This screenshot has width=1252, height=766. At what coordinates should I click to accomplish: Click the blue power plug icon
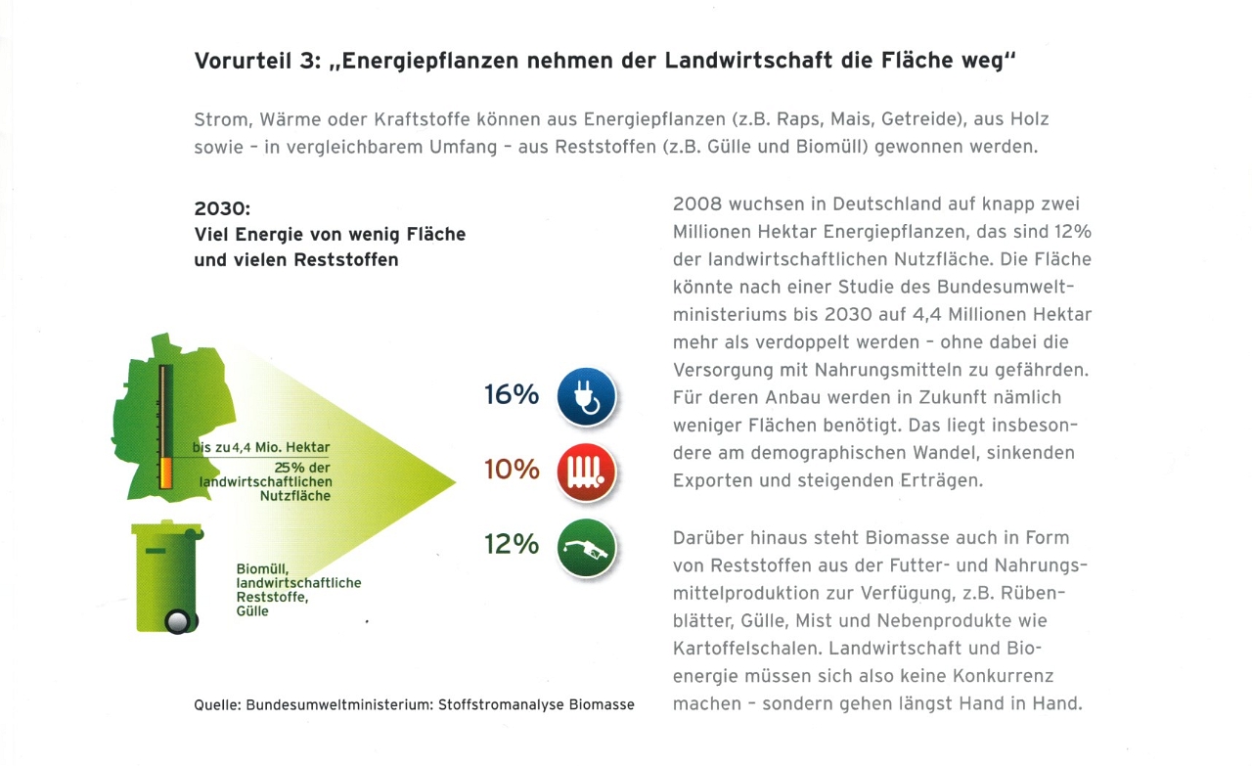[x=586, y=397]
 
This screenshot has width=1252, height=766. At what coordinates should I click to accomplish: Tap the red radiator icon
[x=586, y=471]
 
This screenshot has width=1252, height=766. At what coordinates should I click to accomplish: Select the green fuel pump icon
[x=586, y=547]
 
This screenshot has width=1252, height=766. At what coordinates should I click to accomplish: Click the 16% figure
[x=512, y=395]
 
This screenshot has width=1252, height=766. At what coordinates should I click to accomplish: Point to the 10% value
[x=512, y=470]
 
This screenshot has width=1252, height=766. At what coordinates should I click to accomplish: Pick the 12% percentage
[x=512, y=544]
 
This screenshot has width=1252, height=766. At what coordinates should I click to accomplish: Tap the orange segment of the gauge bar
[x=165, y=473]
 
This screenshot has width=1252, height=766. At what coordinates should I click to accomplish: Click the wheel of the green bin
[x=178, y=621]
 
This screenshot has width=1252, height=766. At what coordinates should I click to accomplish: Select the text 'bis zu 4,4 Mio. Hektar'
[x=261, y=447]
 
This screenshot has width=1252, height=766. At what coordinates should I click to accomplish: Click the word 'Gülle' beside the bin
[x=252, y=611]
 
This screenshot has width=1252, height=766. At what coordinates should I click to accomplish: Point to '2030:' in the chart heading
[x=224, y=209]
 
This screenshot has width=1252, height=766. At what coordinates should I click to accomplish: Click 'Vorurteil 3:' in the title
[x=254, y=61]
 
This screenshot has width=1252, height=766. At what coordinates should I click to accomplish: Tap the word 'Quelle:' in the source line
[x=216, y=704]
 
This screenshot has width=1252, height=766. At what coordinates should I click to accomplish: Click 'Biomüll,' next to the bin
[x=262, y=568]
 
